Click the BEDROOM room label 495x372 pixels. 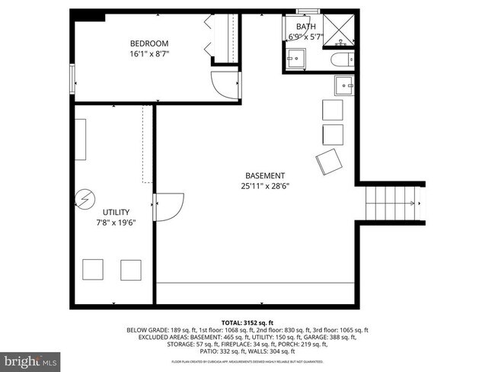(148, 43)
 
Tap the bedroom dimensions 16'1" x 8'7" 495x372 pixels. (148, 54)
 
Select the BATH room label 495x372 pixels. (305, 27)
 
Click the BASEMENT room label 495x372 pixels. (265, 175)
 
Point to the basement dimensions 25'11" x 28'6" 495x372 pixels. (265, 185)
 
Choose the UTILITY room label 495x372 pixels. (116, 212)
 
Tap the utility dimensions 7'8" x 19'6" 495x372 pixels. (116, 222)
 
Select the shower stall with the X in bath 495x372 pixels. (334, 27)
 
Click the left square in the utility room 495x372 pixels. (93, 270)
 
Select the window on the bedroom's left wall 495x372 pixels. (72, 78)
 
